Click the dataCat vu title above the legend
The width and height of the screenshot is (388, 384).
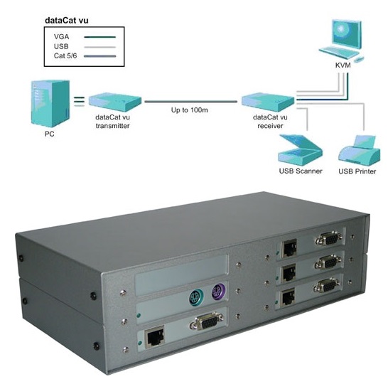point(67,21)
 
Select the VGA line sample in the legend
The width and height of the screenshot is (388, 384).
point(99,37)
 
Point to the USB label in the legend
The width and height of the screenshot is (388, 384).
point(61,46)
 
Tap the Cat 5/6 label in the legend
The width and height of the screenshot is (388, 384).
point(65,55)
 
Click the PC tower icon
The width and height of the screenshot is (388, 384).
point(50,104)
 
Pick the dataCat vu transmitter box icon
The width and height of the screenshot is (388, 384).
point(115,102)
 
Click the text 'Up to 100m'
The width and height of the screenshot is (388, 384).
point(190,110)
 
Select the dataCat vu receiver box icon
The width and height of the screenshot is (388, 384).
point(268,102)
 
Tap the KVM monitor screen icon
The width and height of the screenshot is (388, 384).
point(347,35)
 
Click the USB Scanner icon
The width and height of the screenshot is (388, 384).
point(300,150)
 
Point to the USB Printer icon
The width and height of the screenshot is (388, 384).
point(360,151)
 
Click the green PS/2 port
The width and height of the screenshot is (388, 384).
point(196,297)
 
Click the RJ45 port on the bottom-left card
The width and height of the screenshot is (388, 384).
point(155,336)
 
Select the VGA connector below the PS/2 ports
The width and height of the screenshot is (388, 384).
point(207,322)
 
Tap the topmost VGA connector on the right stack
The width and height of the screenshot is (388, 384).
point(329,239)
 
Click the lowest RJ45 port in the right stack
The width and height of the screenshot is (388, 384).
point(288,297)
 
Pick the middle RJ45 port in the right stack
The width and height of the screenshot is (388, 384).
point(289,272)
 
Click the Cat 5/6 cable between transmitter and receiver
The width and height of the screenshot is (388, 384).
point(190,102)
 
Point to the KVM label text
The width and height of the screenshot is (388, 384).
point(343,65)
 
